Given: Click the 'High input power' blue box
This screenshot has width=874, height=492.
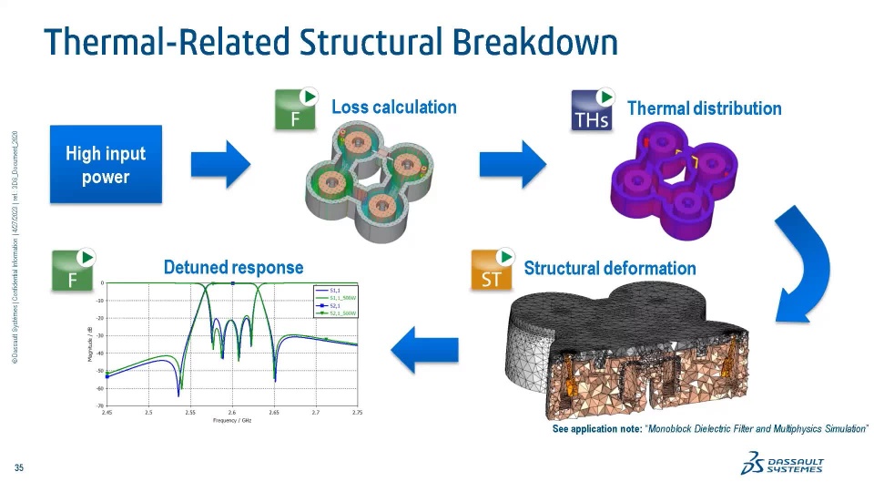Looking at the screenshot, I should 106,164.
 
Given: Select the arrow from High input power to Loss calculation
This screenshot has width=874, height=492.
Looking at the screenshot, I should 220,165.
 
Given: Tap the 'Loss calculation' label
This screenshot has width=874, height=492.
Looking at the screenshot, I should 393,108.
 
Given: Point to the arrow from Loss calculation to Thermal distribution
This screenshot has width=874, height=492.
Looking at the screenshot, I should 513,165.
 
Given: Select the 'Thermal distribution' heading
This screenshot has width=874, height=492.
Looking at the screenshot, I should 704,108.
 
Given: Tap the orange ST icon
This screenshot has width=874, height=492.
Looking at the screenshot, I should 492,271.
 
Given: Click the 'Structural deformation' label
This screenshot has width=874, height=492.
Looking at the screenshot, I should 609,268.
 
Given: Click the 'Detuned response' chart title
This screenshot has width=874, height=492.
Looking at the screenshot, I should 233,267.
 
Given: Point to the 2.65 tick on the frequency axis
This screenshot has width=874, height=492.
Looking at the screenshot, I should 274,413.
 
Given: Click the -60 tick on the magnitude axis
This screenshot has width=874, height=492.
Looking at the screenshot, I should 99,388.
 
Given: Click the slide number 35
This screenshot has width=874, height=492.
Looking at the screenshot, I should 18,468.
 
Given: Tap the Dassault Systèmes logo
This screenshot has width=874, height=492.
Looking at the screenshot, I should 783,465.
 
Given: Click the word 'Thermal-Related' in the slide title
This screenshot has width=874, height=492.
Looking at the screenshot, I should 167,43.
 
